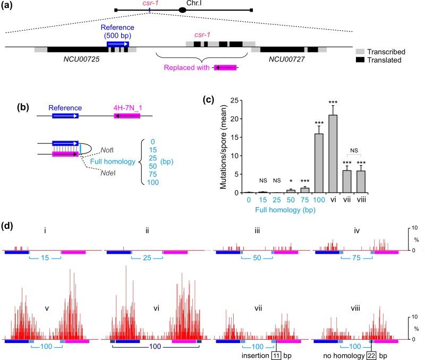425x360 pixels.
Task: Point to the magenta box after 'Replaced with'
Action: [225, 67]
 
